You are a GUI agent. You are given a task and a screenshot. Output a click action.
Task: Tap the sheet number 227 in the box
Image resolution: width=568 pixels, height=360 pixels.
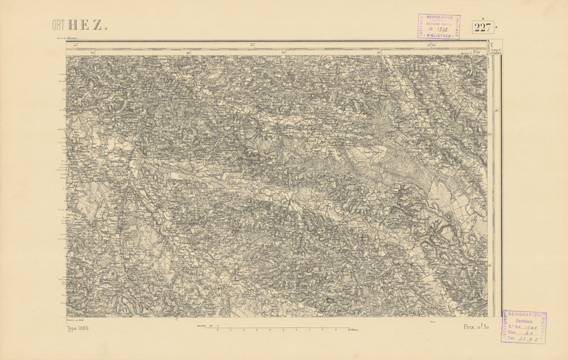483,27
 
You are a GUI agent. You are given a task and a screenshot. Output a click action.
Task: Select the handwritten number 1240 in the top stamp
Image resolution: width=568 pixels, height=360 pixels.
440,29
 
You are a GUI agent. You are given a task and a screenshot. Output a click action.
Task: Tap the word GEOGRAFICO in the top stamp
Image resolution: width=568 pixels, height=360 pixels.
439,18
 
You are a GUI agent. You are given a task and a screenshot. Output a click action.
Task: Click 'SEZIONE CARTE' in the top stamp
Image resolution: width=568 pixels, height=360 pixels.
439,23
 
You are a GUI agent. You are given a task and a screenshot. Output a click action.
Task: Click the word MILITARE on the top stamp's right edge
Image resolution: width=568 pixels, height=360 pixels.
457,27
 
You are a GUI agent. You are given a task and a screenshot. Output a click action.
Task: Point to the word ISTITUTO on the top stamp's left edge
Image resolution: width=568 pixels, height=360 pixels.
421,27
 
